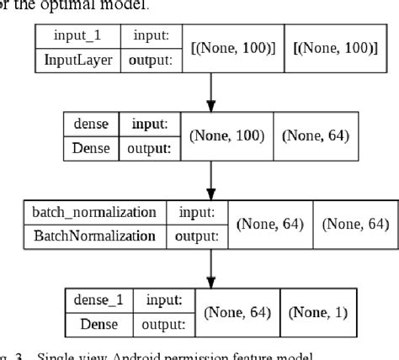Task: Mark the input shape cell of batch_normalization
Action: click(x=269, y=224)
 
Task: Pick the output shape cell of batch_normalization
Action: click(x=354, y=224)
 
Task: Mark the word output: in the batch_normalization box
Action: click(x=196, y=236)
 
